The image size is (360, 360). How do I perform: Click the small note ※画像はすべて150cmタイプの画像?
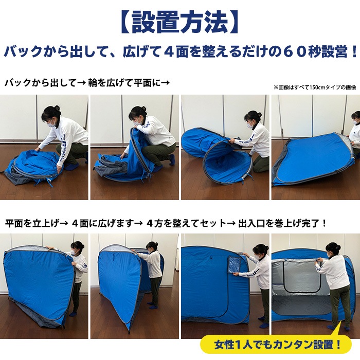(315, 87)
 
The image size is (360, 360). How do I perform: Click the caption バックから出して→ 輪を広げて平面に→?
(87, 82)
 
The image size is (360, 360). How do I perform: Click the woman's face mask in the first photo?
(51, 123)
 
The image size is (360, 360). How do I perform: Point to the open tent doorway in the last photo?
(298, 298)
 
